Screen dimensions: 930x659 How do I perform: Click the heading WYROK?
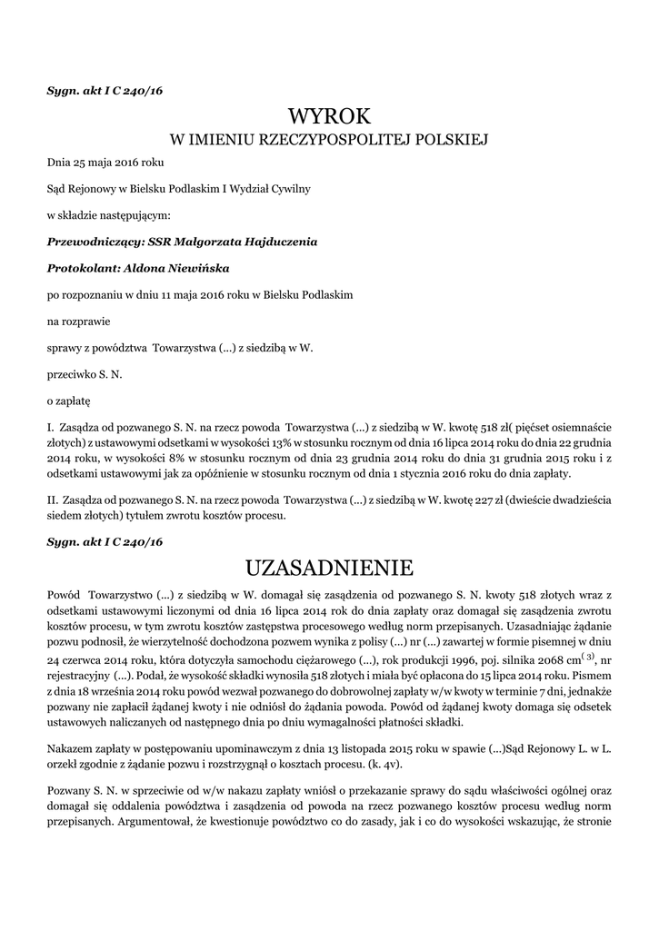(330, 116)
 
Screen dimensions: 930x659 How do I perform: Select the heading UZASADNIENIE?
(330, 569)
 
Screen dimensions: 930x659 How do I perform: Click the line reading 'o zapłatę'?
(69, 400)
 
